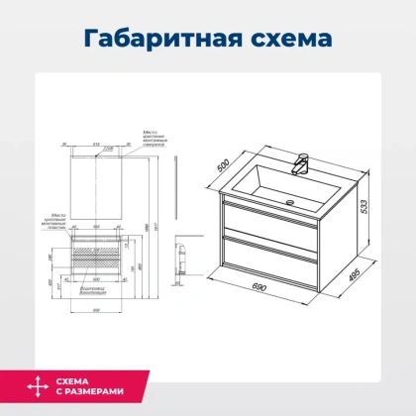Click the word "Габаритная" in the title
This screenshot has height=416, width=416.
(157, 40)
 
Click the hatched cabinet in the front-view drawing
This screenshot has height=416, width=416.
(98, 260)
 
